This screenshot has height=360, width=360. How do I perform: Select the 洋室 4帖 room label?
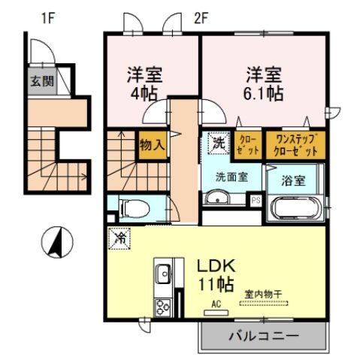click(144, 85)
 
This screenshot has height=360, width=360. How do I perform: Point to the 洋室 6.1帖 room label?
click(263, 84)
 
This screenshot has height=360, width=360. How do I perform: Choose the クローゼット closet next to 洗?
click(250, 144)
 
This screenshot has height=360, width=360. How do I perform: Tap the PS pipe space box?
click(256, 200)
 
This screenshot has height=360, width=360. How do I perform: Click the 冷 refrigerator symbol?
click(120, 238)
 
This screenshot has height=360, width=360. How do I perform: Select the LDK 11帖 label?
click(218, 275)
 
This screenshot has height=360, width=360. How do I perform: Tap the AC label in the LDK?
click(216, 304)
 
